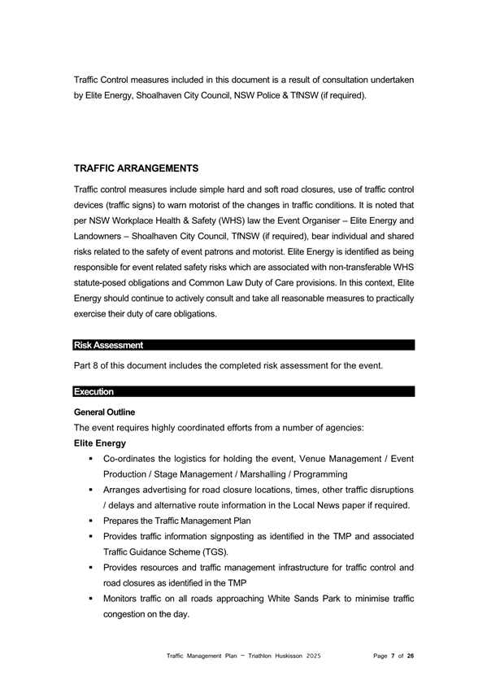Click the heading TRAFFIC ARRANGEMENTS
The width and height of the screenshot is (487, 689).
click(x=136, y=168)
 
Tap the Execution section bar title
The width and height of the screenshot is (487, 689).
click(x=93, y=392)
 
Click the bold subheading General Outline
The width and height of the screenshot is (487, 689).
click(x=104, y=412)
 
